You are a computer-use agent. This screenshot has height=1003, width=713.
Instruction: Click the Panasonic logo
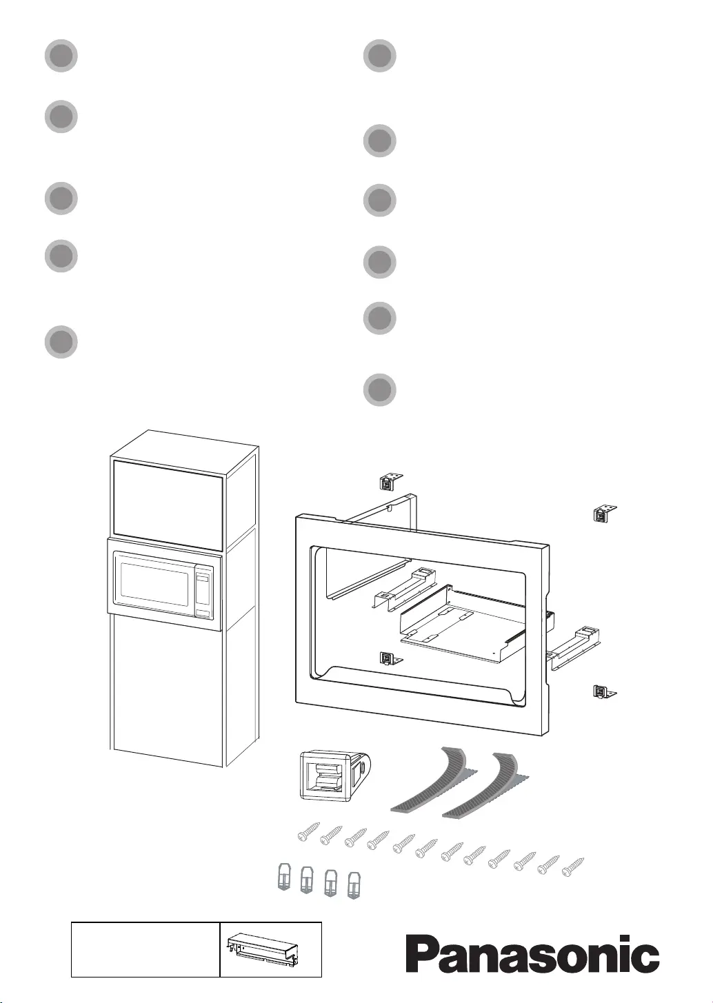pyautogui.click(x=532, y=955)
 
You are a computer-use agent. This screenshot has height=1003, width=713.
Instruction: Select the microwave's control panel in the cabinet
pyautogui.click(x=203, y=592)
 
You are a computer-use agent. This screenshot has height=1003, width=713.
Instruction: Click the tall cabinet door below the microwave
pyautogui.click(x=167, y=689)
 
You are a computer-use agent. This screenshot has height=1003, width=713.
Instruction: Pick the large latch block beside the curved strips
pyautogui.click(x=330, y=776)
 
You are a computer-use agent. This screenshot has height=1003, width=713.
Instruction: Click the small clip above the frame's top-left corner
pyautogui.click(x=390, y=480)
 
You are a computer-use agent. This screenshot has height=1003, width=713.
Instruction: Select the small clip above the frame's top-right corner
pyautogui.click(x=604, y=513)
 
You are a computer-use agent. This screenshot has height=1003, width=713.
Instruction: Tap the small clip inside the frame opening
pyautogui.click(x=390, y=658)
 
